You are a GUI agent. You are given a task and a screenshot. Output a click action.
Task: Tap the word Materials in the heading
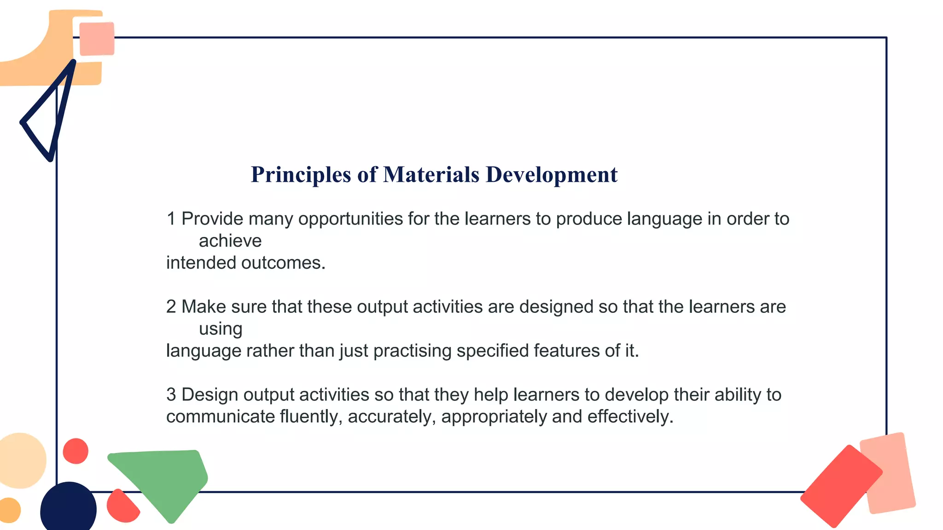(x=431, y=175)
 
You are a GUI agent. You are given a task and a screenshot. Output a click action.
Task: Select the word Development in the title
(x=552, y=175)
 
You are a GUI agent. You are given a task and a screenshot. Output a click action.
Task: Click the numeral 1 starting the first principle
(x=171, y=219)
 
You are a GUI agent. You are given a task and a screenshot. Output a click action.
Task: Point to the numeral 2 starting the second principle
(x=171, y=307)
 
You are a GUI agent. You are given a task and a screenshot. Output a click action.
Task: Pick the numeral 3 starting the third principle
(x=171, y=395)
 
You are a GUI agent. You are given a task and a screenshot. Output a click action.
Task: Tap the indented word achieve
(x=230, y=241)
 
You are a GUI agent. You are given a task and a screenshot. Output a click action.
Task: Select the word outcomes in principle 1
(x=283, y=263)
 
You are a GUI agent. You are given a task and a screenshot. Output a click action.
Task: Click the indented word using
(x=221, y=329)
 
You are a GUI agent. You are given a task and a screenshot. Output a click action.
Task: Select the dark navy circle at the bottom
(x=68, y=508)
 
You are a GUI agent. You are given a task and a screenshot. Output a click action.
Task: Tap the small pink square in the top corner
(x=97, y=39)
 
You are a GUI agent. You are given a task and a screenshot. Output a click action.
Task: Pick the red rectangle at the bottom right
(x=841, y=485)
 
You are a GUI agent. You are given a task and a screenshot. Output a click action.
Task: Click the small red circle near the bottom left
(x=76, y=451)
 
